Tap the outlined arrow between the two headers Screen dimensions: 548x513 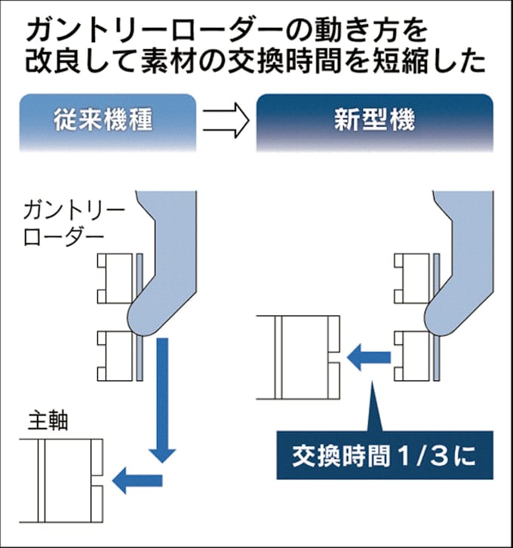coord(226,122)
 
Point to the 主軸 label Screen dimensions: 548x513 coord(48,420)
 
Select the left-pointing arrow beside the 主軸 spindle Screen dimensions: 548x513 coord(137,478)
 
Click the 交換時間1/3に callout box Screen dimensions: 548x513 coord(385,456)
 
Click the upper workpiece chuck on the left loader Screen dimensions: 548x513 coord(118,277)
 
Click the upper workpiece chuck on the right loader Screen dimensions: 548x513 coord(415,277)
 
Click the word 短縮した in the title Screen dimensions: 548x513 coord(441,61)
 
